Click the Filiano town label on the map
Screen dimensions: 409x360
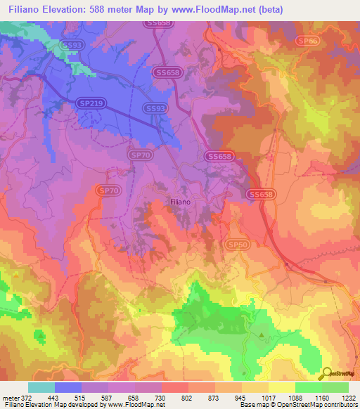coord(181,201)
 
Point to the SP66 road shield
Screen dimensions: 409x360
coord(307,41)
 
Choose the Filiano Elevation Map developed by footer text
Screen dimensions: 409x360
coord(53,405)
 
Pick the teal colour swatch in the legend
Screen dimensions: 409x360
coord(41,387)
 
